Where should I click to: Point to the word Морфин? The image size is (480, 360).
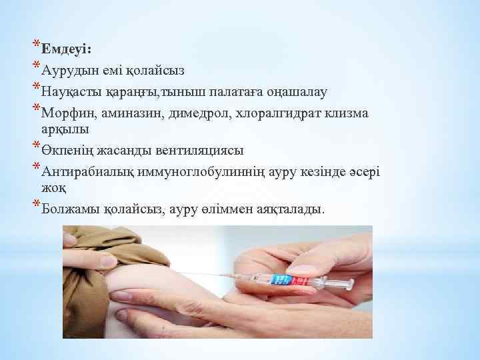click(x=64, y=111)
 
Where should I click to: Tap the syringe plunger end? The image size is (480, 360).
click(x=361, y=285)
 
